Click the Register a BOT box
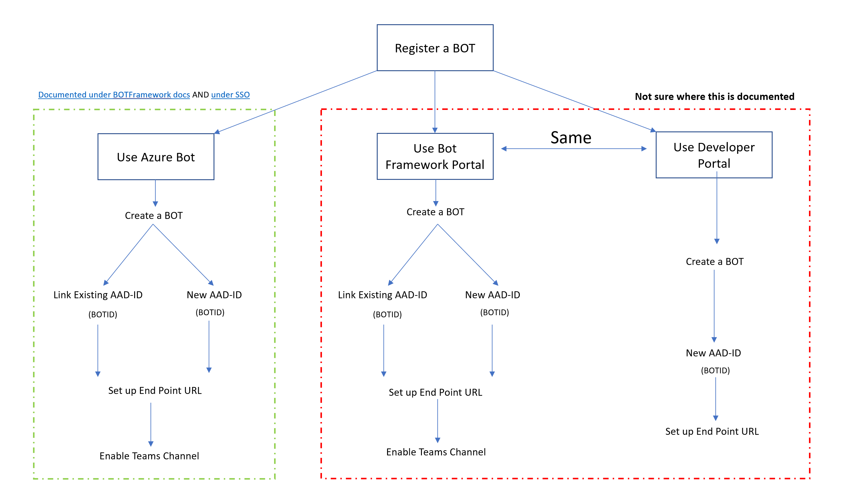click(435, 48)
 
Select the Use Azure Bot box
click(156, 157)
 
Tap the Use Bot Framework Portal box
click(435, 157)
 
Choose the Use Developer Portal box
click(714, 155)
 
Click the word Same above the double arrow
click(571, 138)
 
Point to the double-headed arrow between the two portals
click(573, 149)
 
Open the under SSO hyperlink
click(230, 95)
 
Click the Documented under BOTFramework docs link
click(114, 95)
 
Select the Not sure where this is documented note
click(714, 97)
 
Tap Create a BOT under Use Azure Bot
click(154, 216)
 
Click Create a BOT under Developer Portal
click(714, 262)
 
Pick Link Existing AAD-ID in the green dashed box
click(98, 295)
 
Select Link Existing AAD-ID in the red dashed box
click(382, 295)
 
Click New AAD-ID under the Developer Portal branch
click(713, 353)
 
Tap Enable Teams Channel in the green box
click(149, 456)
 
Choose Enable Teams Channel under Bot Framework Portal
click(436, 452)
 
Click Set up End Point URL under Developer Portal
click(712, 431)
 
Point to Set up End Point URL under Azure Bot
click(155, 391)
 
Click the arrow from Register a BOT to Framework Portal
click(435, 101)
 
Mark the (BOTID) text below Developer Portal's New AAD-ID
click(715, 370)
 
